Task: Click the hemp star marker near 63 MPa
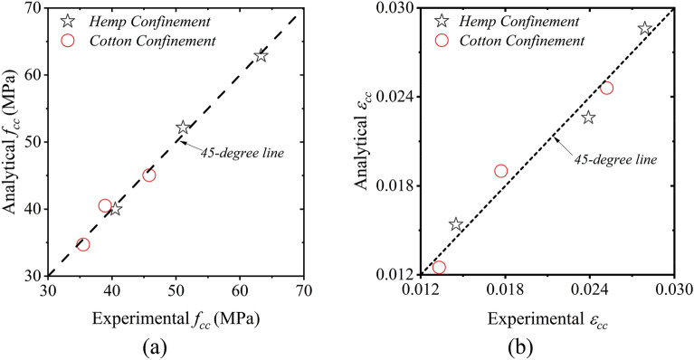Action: tap(261, 56)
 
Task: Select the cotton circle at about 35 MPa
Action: tap(83, 244)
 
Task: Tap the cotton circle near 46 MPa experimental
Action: tap(149, 175)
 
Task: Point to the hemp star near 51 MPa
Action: tap(183, 128)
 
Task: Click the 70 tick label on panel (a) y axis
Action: tap(35, 8)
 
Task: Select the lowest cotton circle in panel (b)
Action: tap(439, 267)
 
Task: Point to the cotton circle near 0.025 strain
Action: tap(606, 88)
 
